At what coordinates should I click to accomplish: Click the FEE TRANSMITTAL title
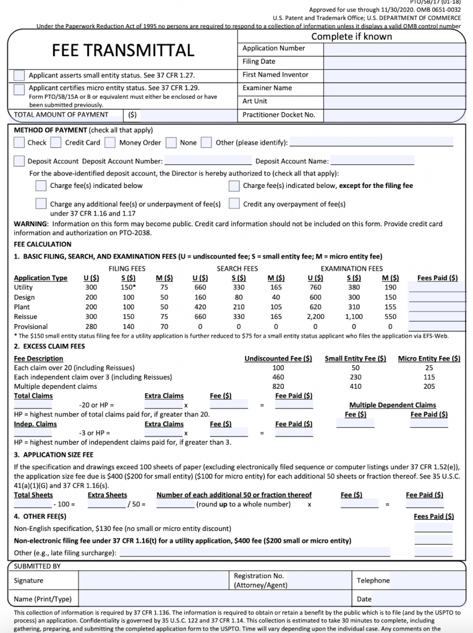pyautogui.click(x=122, y=51)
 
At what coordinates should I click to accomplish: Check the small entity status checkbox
pyautogui.click(x=20, y=75)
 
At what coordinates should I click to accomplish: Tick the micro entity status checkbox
pyautogui.click(x=20, y=89)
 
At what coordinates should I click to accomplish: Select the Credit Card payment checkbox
pyautogui.click(x=56, y=143)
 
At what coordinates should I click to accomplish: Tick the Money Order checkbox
pyautogui.click(x=110, y=143)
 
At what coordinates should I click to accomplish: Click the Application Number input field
pyautogui.click(x=394, y=48)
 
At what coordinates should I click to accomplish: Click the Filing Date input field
pyautogui.click(x=394, y=62)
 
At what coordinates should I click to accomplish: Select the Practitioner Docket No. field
pyautogui.click(x=394, y=115)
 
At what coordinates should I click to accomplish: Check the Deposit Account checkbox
pyautogui.click(x=20, y=161)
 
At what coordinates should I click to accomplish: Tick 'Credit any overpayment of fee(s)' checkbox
pyautogui.click(x=234, y=203)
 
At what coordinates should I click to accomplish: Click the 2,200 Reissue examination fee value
pyautogui.click(x=315, y=316)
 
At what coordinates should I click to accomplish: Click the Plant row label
pyautogui.click(x=22, y=307)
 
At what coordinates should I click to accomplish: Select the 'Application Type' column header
pyautogui.click(x=41, y=278)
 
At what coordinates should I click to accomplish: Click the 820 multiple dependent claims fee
pyautogui.click(x=278, y=386)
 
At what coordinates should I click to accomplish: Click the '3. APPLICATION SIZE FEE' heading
pyautogui.click(x=54, y=454)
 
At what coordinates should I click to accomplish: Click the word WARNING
pyautogui.click(x=31, y=224)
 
